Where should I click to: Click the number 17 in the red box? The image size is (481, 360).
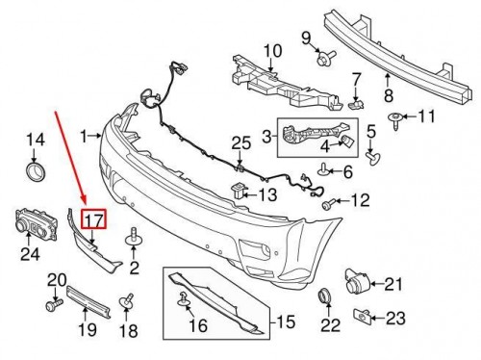[93, 219]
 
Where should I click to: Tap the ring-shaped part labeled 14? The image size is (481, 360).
[36, 172]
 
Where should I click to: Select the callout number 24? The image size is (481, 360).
[31, 255]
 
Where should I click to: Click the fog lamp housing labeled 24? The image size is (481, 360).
[33, 224]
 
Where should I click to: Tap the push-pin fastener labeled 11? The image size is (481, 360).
[394, 118]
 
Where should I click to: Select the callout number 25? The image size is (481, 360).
[240, 144]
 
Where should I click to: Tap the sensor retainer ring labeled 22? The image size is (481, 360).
[325, 296]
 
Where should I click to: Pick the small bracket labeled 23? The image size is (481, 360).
[365, 315]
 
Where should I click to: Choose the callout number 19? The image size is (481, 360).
[89, 330]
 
